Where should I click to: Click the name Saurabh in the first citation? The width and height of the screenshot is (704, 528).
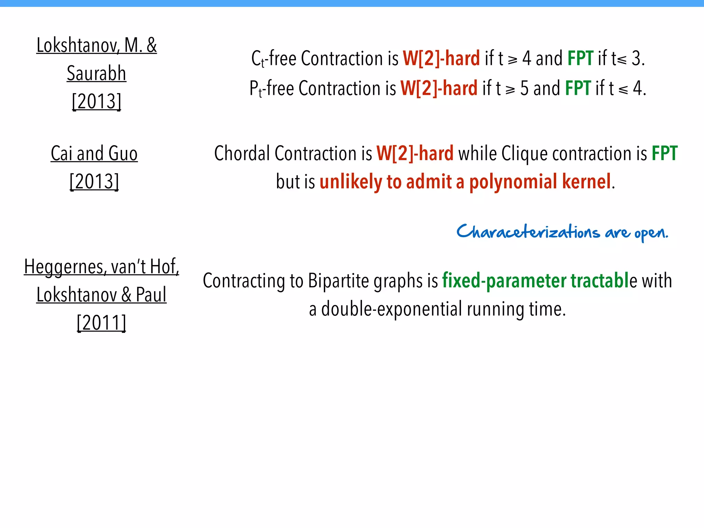coord(97,73)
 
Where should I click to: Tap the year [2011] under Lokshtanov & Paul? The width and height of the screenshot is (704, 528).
coord(101,323)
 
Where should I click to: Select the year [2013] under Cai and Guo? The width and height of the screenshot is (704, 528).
coord(94,181)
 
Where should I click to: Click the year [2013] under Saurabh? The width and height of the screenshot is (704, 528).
coord(97,101)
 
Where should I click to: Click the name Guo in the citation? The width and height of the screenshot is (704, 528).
coord(122,153)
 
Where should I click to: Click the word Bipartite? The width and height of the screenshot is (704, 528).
coord(339,281)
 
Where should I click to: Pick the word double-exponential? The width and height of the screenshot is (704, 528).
coord(392,309)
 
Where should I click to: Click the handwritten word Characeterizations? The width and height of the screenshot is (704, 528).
coord(528,232)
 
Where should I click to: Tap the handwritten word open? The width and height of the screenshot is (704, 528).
coord(651,233)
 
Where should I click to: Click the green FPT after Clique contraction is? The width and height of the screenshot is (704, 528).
coord(664,153)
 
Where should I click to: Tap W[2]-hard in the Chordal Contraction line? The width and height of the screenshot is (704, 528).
coord(415,153)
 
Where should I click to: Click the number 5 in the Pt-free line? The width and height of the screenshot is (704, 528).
coord(524,88)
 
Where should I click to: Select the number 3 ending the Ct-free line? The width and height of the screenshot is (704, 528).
coord(636,58)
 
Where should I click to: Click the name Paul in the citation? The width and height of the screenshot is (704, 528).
coord(151,295)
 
